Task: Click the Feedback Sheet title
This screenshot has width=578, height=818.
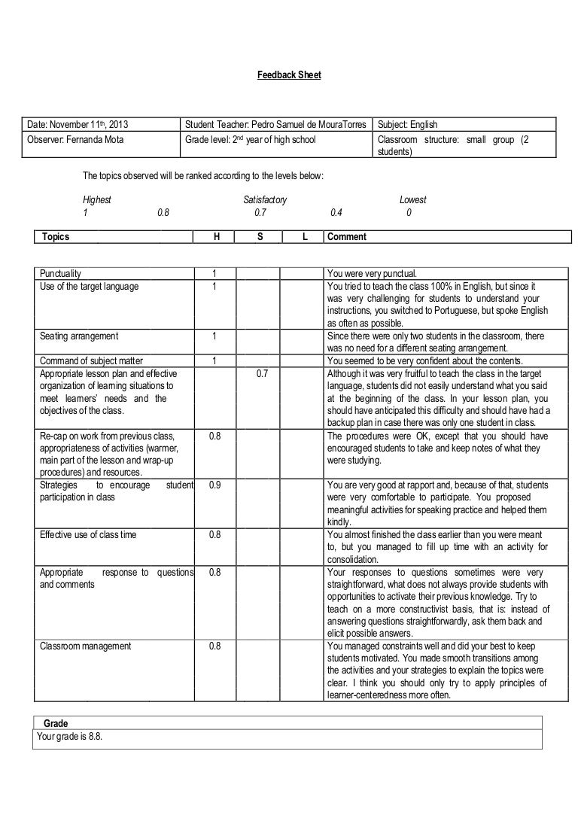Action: [289, 76]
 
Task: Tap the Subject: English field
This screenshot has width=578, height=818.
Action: [407, 124]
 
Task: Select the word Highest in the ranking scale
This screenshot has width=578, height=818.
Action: [97, 200]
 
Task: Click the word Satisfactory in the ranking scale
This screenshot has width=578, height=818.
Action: [264, 200]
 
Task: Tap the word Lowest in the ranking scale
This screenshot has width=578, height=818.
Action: [412, 200]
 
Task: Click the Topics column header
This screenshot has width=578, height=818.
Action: [56, 237]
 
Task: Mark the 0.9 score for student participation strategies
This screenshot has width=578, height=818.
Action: [214, 485]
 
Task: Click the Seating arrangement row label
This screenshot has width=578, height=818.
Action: [78, 336]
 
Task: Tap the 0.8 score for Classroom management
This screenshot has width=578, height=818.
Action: [214, 646]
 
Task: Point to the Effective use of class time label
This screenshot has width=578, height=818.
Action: [88, 535]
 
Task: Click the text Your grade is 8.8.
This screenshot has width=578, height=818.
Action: [69, 737]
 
